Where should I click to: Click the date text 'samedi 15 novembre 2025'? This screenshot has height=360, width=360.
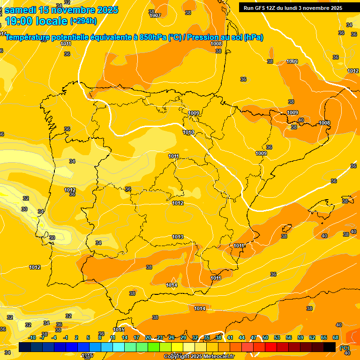[x=61, y=10]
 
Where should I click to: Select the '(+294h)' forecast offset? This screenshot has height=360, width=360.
[x=83, y=21]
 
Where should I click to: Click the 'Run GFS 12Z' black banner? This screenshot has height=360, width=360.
[x=293, y=8]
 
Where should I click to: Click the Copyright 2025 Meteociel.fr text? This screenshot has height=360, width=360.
[x=199, y=356]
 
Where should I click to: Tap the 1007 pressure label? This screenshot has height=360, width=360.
[x=155, y=15]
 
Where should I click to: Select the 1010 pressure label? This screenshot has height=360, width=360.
[x=188, y=133]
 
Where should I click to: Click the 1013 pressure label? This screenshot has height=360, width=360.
[x=178, y=237]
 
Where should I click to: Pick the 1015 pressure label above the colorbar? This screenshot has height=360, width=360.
[x=119, y=330]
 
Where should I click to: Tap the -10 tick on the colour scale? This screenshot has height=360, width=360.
[x=32, y=337]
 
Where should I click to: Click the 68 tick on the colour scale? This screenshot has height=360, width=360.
[x=336, y=337]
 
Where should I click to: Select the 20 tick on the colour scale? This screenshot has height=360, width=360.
[x=148, y=337]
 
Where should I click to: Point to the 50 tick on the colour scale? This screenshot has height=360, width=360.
[x=265, y=337]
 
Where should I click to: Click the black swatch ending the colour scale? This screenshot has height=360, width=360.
[x=330, y=347]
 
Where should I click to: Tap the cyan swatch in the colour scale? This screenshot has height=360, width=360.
[x=119, y=347]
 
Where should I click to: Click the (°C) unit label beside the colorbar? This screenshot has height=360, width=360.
[x=345, y=347]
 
